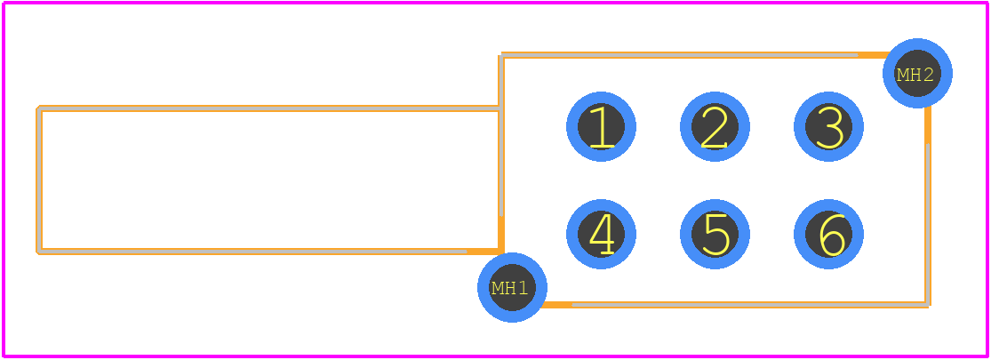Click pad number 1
coord(601,126)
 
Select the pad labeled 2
coord(715,126)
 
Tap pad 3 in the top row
coord(828,126)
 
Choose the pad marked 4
coord(601,235)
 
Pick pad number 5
coord(715,235)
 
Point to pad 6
coord(828,235)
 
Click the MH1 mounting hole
coord(512,287)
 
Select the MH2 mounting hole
coord(918,73)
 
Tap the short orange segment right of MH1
coord(557,304)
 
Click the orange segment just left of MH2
coord(873,55)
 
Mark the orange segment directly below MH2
coord(928,125)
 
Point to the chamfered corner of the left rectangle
coord(38,108)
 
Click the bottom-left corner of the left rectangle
coord(39,252)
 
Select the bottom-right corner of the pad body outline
coord(928,305)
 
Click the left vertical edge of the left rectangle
coord(39,180)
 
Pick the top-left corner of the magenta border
coord(4,4)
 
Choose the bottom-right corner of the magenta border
coord(987,356)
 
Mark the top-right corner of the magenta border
coord(987,4)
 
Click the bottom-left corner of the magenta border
coord(4,356)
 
